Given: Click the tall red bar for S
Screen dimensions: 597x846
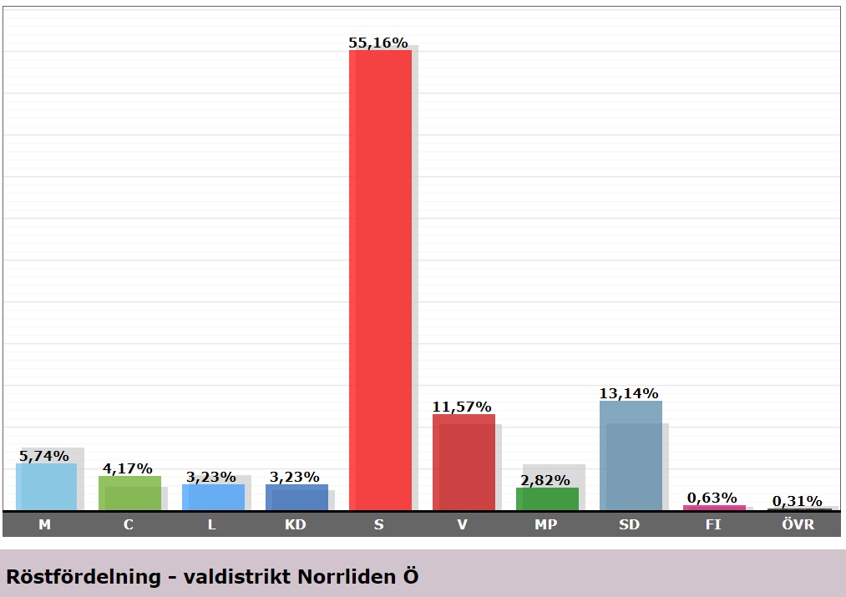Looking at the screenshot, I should (x=380, y=280).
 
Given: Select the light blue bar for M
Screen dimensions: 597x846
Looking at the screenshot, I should (x=46, y=487).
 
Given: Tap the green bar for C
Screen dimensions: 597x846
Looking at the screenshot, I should (x=129, y=493).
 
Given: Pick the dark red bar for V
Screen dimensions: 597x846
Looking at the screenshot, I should (x=464, y=462).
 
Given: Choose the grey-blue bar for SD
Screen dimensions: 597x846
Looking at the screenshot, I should (x=631, y=455).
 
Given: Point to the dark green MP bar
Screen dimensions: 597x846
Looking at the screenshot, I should (x=547, y=498).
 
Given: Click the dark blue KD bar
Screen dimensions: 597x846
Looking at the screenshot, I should (x=296, y=497).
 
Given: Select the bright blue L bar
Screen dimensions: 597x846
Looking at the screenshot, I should (x=213, y=497).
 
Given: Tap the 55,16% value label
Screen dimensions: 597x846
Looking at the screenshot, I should (x=377, y=43).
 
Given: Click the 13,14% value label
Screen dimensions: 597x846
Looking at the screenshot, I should (x=629, y=393).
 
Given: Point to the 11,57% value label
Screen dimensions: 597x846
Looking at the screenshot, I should (x=462, y=407).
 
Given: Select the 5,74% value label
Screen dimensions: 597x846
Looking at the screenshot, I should (x=43, y=456).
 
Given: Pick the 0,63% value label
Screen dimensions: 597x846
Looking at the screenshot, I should (x=712, y=498).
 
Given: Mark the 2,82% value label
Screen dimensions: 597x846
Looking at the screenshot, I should (x=545, y=480).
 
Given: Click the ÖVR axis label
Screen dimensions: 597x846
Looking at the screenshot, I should (x=797, y=524).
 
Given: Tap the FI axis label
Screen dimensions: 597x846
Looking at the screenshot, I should (x=713, y=524).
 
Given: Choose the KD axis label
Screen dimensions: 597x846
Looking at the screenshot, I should (x=296, y=524).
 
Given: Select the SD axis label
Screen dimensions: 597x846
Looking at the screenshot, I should (x=630, y=524).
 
